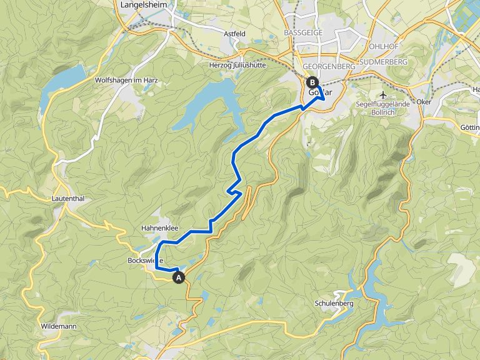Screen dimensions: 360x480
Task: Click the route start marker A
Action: click(x=179, y=277)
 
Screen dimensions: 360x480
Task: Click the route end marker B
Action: click(x=312, y=82)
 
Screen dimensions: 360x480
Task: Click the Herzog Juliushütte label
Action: click(x=246, y=64)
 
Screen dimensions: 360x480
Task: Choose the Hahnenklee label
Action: click(x=159, y=228)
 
